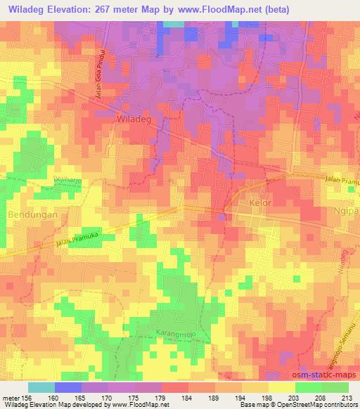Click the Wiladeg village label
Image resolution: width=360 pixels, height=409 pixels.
click(133, 120)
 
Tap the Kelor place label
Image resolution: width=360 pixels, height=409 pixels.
click(259, 202)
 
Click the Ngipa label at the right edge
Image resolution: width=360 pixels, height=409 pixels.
click(348, 210)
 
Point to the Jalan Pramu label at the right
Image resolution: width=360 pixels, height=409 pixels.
click(342, 181)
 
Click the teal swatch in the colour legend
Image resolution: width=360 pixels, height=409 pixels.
click(41, 387)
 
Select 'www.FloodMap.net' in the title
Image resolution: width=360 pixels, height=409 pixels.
click(214, 8)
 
